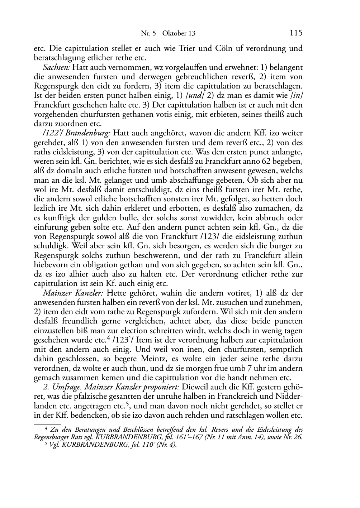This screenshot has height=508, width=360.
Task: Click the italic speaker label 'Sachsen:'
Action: [56, 67]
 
